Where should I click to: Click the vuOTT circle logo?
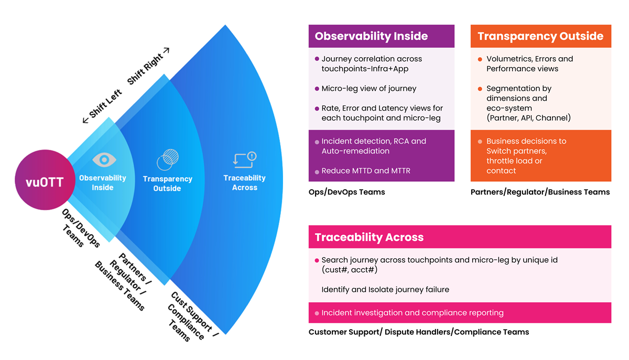pos(45,182)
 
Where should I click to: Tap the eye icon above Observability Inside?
pos(103,160)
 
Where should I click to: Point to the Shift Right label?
pos(148,66)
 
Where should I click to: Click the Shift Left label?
pos(103,107)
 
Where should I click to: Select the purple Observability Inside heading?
pos(371,36)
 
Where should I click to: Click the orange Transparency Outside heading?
pos(540,36)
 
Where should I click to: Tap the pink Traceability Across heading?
pos(369,237)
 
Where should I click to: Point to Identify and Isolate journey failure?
pos(385,289)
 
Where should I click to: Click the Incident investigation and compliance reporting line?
pos(412,313)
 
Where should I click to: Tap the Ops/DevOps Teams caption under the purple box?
pos(346,192)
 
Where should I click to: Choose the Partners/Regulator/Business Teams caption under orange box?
pos(540,192)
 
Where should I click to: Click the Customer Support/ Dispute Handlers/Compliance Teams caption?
pos(418,332)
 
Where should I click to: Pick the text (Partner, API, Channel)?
pos(528,118)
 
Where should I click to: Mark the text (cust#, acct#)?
pos(349,270)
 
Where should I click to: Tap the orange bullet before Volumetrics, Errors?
pos(480,59)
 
